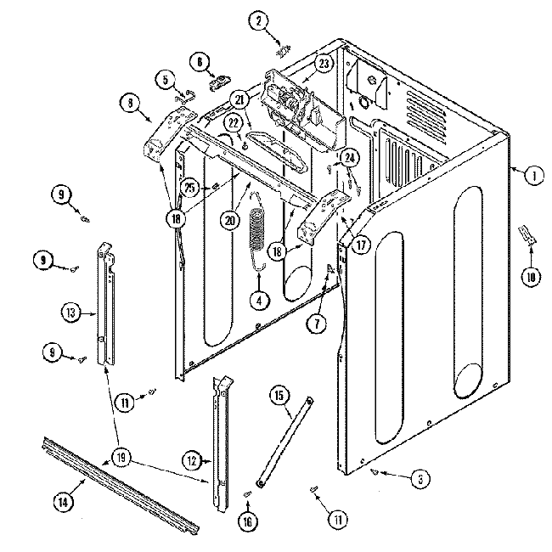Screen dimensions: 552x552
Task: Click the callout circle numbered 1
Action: (533, 177)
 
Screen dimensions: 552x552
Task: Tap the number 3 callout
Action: (416, 479)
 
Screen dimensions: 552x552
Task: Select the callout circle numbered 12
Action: (192, 461)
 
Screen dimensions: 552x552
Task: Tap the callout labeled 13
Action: (70, 313)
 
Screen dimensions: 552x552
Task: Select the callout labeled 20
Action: (228, 219)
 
